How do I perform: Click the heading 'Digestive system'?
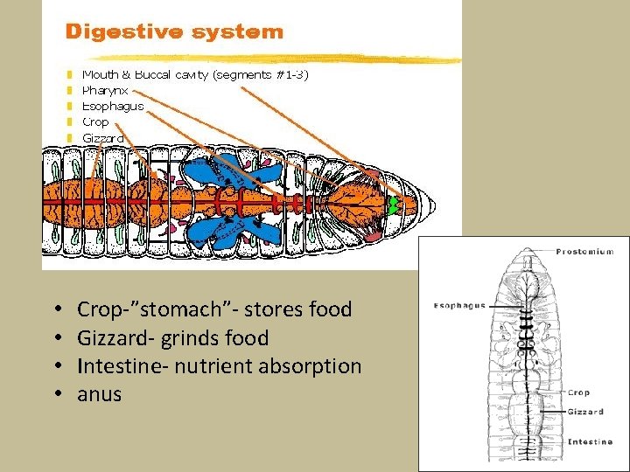[x=174, y=32]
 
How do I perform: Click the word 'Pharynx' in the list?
[x=105, y=90]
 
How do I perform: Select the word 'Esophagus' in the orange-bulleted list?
[x=113, y=106]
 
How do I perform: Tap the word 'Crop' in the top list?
[x=95, y=122]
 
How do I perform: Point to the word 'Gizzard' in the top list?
[x=102, y=138]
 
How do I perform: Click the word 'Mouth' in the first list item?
[x=101, y=74]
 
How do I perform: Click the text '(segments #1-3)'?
[x=261, y=74]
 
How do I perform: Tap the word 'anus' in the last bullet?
[x=100, y=395]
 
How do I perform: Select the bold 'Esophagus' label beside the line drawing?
[x=458, y=306]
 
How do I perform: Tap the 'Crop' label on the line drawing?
[x=578, y=392]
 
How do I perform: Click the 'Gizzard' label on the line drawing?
[x=584, y=412]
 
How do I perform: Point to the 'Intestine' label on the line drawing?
[x=590, y=441]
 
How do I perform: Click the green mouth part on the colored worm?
[x=394, y=205]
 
